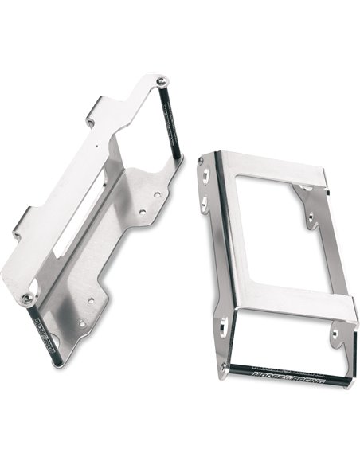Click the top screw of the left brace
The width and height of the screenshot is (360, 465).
161,80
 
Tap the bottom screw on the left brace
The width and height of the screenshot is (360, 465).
29,298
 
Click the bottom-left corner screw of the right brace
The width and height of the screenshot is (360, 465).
222,366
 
